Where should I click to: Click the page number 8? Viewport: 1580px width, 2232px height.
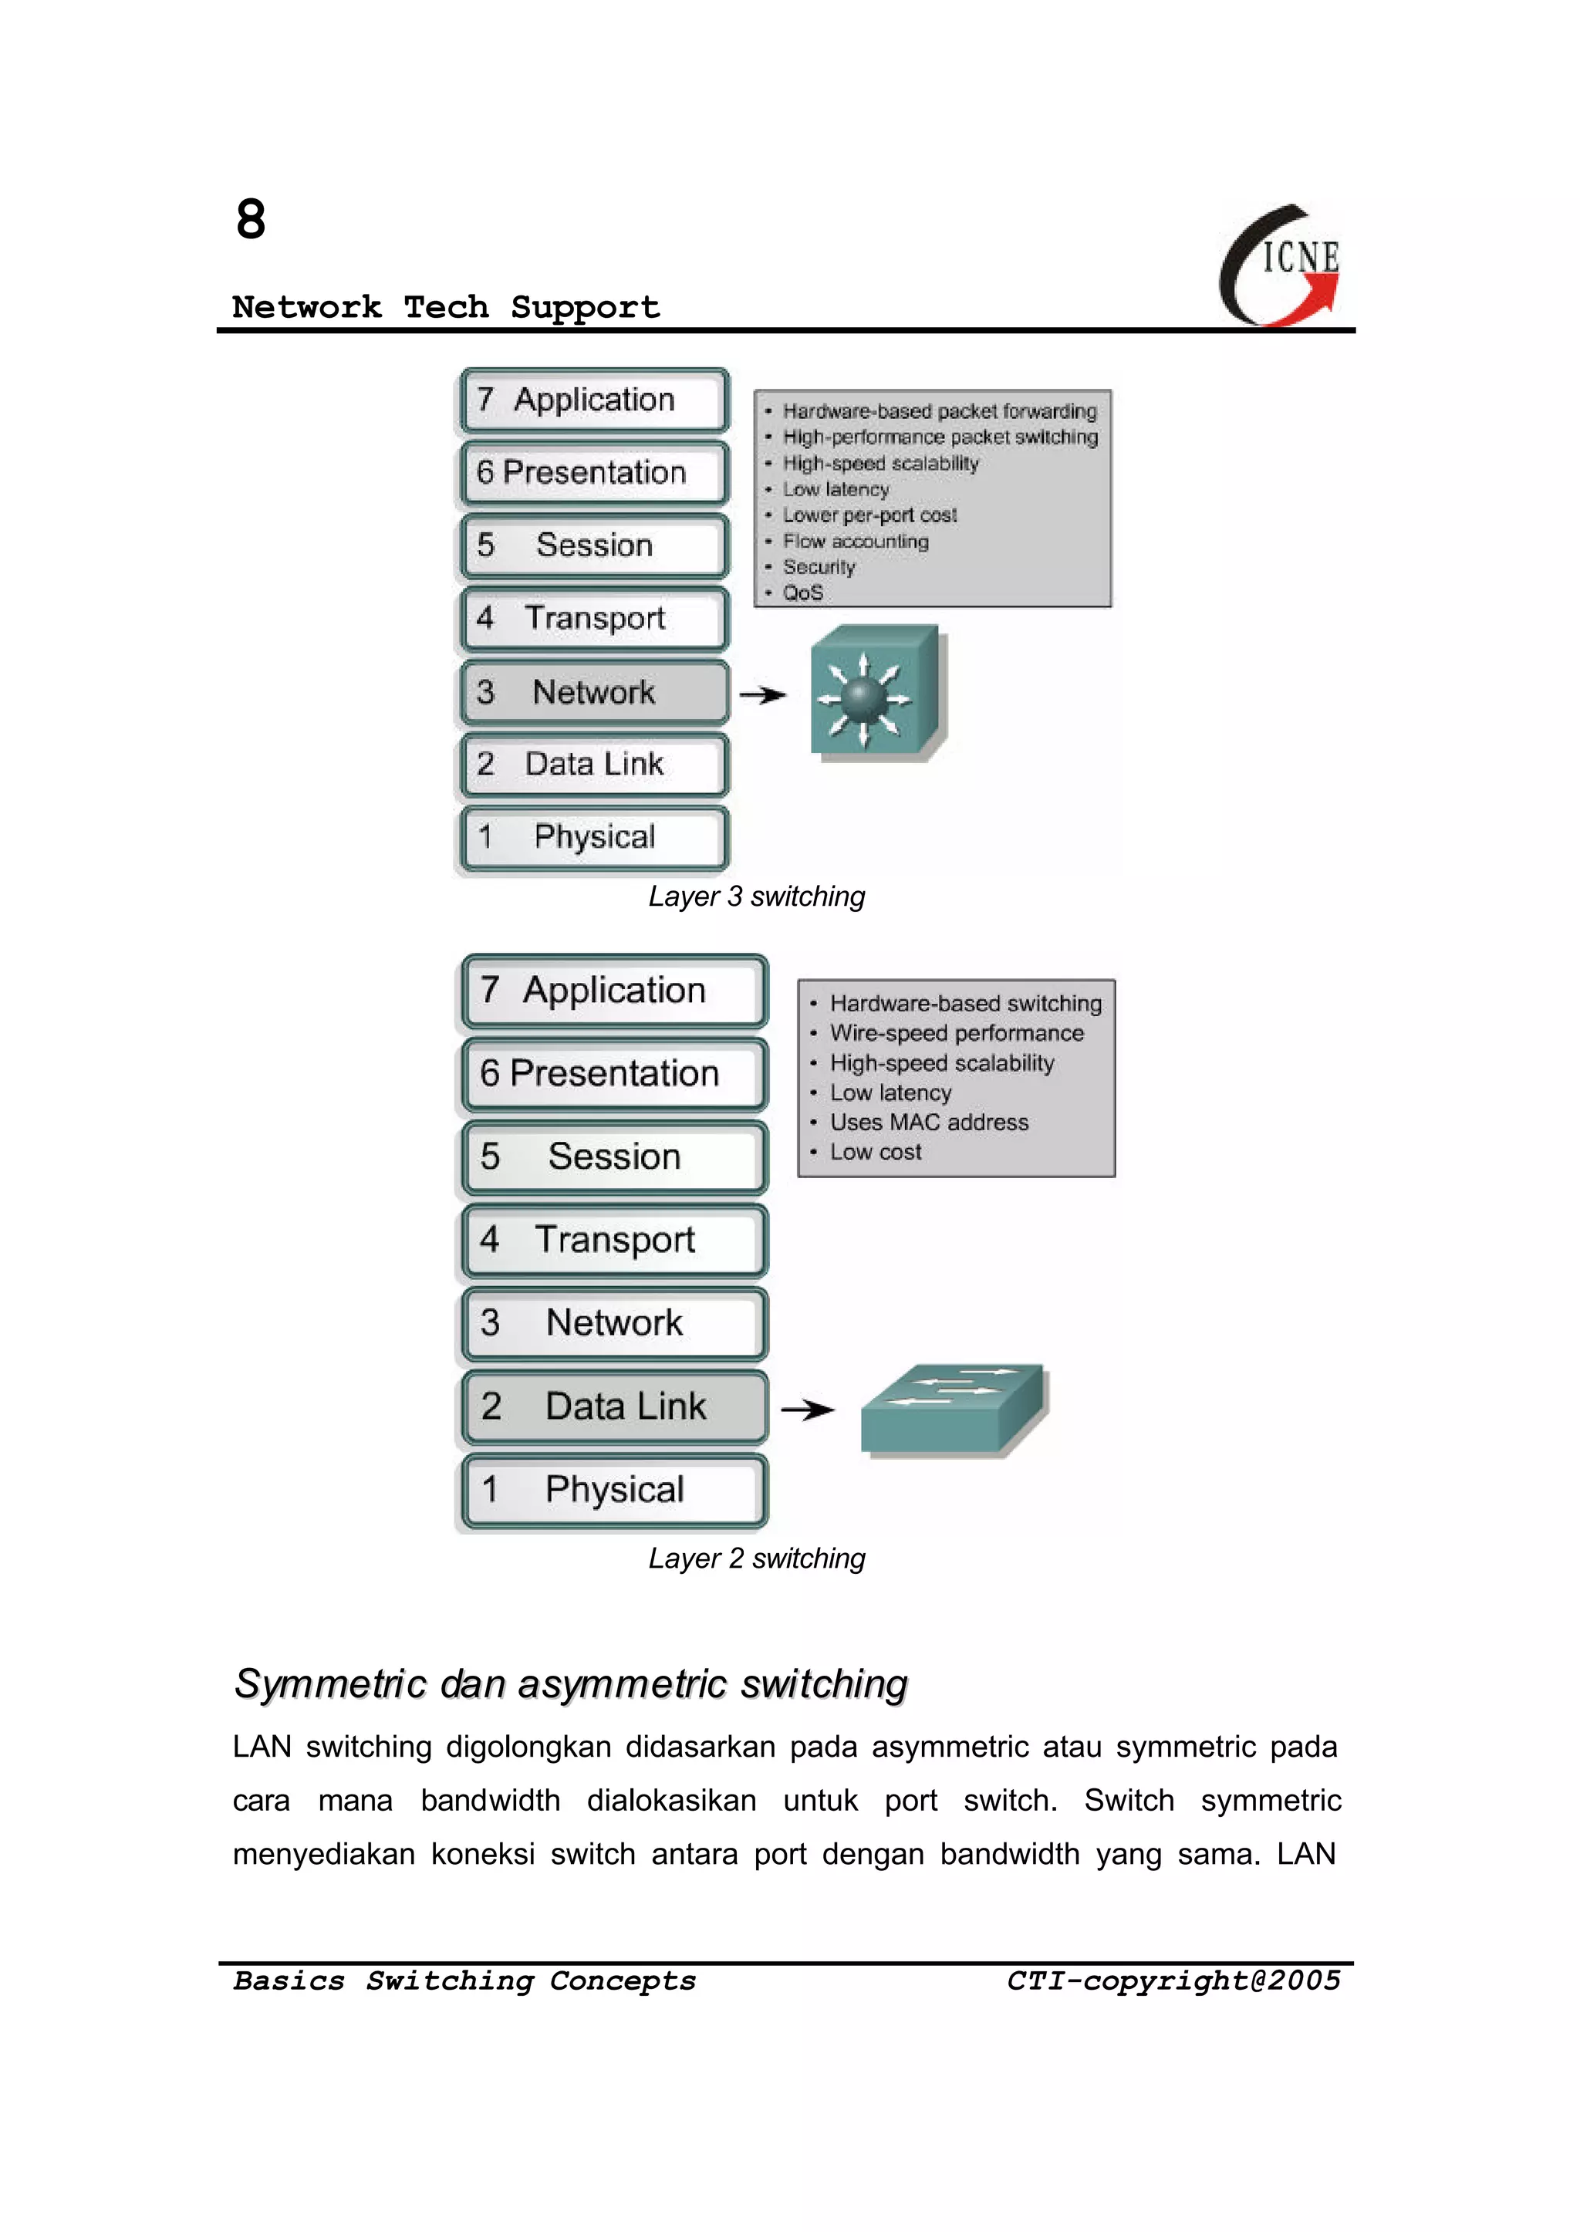251,220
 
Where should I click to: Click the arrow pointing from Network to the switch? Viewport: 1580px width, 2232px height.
763,694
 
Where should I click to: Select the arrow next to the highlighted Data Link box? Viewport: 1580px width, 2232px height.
808,1409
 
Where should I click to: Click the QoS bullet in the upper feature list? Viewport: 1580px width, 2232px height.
802,593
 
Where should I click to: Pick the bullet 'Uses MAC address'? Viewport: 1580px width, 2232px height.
928,1122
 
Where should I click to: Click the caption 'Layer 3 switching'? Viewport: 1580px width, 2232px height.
756,896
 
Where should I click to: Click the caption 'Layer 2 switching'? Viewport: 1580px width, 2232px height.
756,1558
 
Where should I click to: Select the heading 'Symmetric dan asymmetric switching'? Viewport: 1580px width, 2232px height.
570,1684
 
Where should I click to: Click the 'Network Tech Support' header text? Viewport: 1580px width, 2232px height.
446,308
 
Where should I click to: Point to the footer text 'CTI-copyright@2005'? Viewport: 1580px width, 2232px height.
1173,1980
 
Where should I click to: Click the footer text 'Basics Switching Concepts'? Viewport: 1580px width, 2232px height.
465,1980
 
